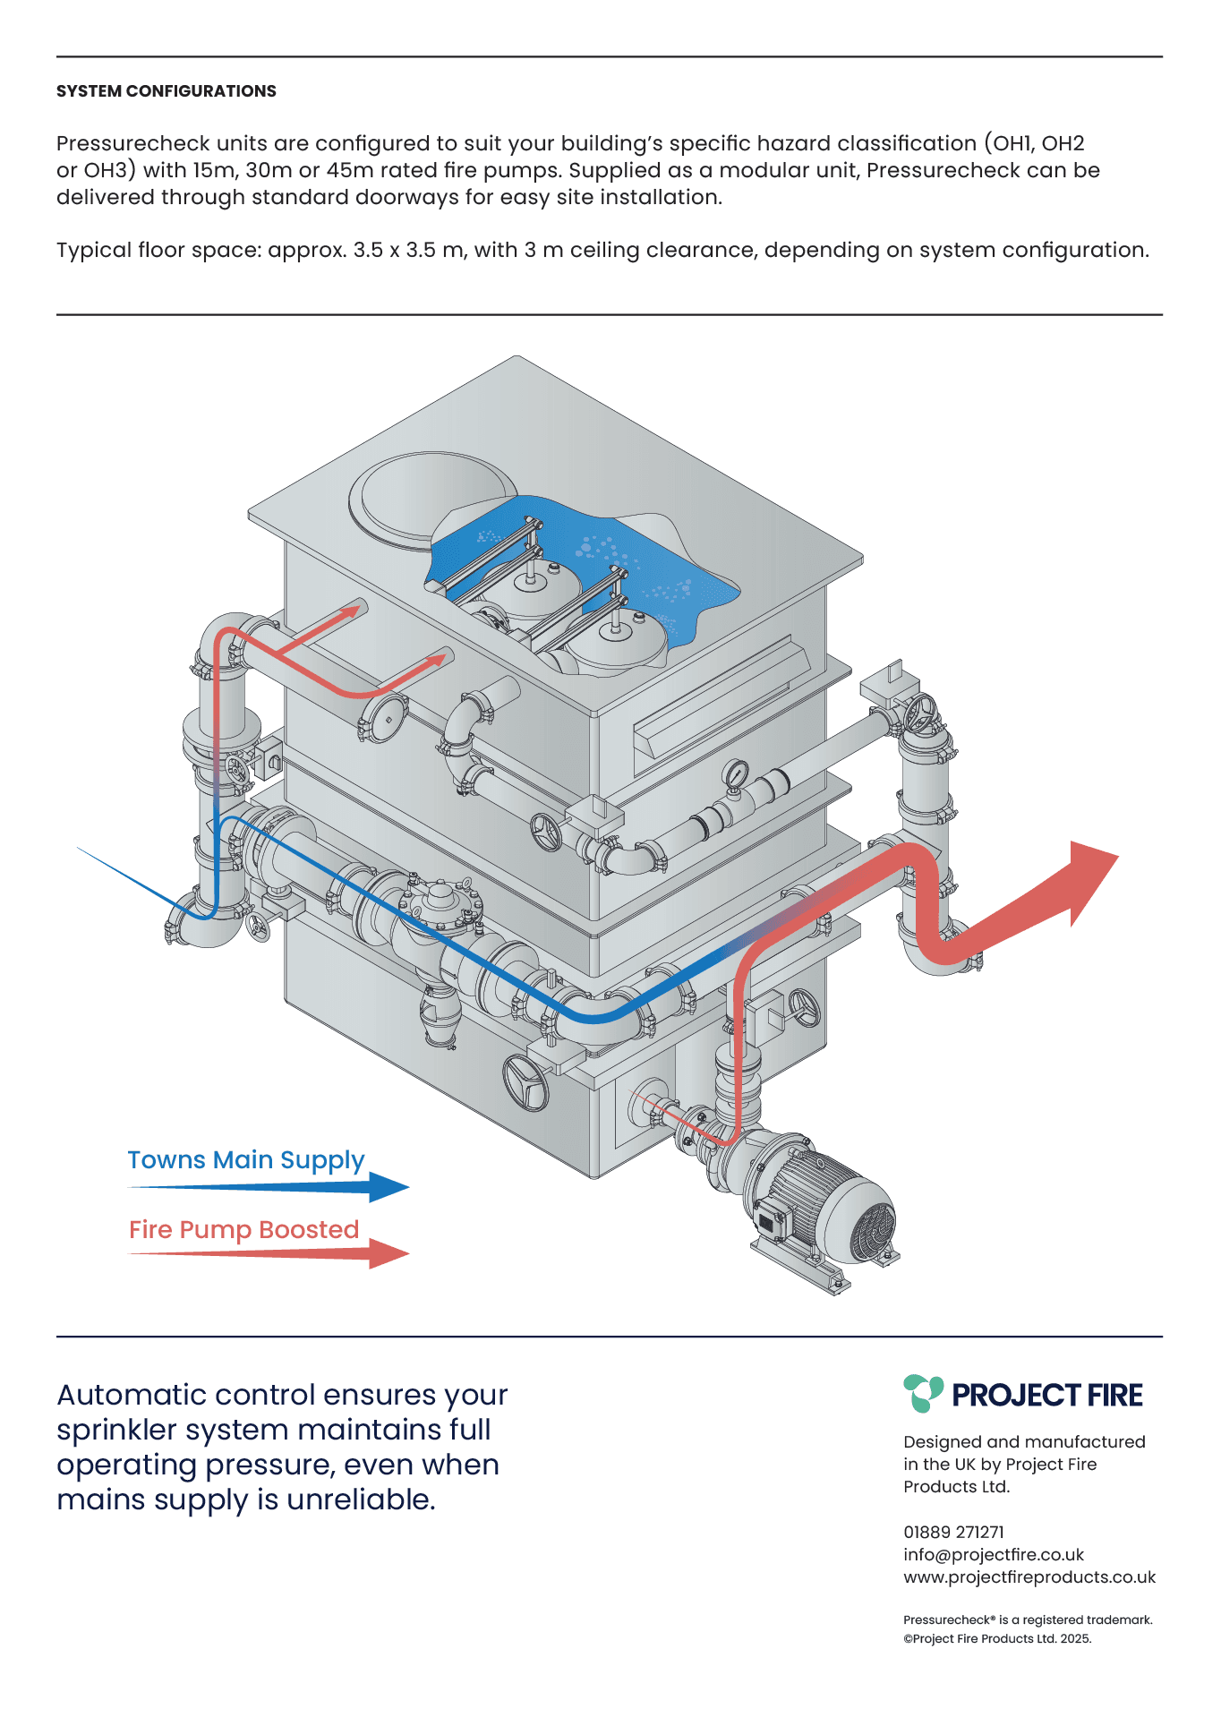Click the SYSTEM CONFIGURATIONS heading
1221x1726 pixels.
(x=166, y=91)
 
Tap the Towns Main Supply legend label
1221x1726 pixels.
(x=246, y=1160)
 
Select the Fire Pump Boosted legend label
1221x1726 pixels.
(x=244, y=1230)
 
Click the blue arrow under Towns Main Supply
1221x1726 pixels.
(x=269, y=1188)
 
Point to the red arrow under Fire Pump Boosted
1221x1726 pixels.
(x=269, y=1253)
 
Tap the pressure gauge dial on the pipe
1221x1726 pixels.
(x=736, y=772)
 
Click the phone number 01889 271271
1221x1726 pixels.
(x=953, y=1532)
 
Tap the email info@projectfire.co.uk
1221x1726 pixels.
(x=994, y=1555)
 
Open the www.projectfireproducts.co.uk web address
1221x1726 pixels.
(x=1029, y=1577)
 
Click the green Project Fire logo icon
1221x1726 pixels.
(x=923, y=1393)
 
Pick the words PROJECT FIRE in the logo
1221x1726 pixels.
(x=1047, y=1395)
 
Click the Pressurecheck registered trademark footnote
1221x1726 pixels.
(x=1028, y=1619)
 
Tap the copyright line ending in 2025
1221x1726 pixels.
(x=997, y=1638)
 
